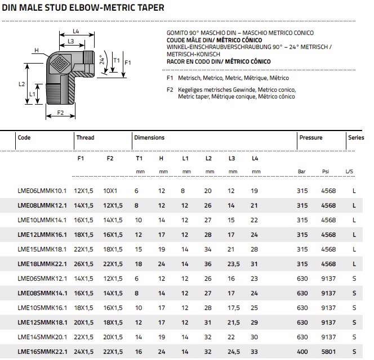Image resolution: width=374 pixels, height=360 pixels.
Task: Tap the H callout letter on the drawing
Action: [36, 50]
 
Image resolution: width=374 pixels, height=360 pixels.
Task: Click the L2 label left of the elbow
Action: [21, 84]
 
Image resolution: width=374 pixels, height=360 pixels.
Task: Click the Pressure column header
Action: [311, 137]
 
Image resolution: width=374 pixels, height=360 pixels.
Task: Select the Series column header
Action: [356, 137]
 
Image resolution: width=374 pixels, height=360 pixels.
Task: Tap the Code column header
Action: [24, 137]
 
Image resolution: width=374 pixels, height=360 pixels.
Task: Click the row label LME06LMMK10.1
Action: [42, 191]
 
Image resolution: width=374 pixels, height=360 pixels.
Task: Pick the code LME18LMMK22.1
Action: [42, 264]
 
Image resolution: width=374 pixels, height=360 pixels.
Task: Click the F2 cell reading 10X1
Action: [110, 191]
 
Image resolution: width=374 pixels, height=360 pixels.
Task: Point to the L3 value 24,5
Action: [232, 352]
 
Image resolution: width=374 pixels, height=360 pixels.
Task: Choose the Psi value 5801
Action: [328, 352]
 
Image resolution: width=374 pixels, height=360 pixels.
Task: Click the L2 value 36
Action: [208, 264]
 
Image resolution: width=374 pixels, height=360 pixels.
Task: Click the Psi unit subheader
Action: [325, 172]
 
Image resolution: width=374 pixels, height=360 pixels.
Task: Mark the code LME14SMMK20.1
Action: [42, 337]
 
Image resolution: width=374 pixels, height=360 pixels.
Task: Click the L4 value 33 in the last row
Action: [255, 352]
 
